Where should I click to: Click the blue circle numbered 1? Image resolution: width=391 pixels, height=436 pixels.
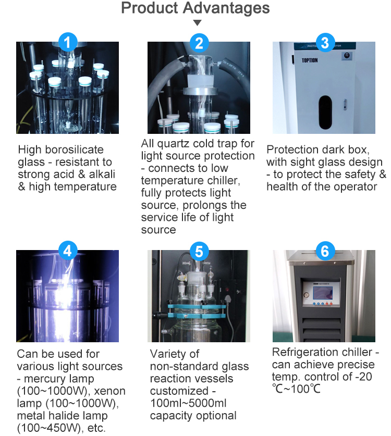pos(67,42)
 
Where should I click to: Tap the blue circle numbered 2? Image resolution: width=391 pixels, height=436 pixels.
pos(199,42)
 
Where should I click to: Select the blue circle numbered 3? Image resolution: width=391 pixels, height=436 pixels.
pos(325,42)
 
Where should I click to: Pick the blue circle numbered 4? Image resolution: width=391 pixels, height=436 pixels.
pos(67,251)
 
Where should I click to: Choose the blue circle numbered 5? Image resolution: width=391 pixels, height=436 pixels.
pos(199,251)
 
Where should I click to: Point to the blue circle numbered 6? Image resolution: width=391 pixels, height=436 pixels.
pos(325,251)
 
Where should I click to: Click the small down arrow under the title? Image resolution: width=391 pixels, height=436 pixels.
pos(197,23)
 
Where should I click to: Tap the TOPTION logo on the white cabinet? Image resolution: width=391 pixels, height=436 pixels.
pos(309,60)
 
